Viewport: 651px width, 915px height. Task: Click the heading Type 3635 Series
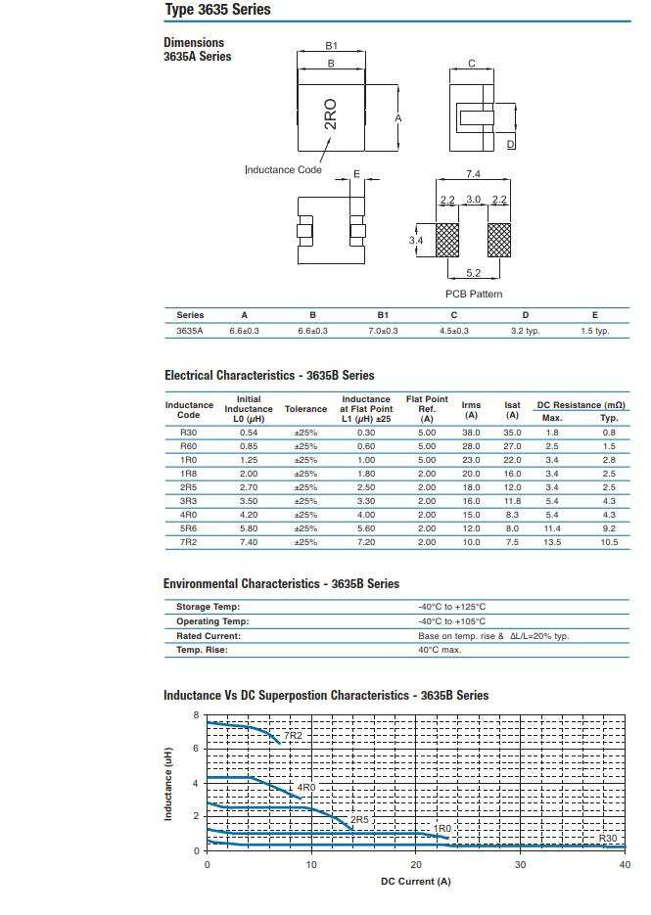tap(216, 10)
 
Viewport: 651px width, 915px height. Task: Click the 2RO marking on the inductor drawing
tap(331, 114)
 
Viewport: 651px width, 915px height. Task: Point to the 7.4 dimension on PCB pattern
tap(473, 174)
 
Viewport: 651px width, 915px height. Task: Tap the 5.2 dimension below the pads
tap(473, 274)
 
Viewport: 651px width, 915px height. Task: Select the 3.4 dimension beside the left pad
tap(415, 241)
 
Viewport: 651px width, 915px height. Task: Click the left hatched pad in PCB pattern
tap(447, 240)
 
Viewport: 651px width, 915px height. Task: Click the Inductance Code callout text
tap(283, 170)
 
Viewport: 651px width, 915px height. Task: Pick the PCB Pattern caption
tap(474, 295)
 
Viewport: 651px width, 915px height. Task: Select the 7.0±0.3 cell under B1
tap(383, 331)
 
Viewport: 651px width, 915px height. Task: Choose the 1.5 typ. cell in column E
tap(594, 331)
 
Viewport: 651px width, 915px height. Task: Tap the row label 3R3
tap(188, 501)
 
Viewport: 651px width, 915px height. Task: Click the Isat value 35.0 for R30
tap(512, 433)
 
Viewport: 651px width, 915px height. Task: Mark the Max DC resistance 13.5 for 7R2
tap(552, 542)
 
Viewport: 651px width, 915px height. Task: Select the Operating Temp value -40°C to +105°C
tap(451, 621)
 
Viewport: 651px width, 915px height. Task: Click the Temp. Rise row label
tap(202, 650)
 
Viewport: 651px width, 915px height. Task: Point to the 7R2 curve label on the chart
tap(293, 735)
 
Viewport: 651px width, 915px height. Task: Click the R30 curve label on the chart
tap(607, 839)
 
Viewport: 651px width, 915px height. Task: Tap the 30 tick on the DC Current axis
tap(521, 865)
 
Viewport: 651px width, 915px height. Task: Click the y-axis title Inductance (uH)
tap(168, 783)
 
